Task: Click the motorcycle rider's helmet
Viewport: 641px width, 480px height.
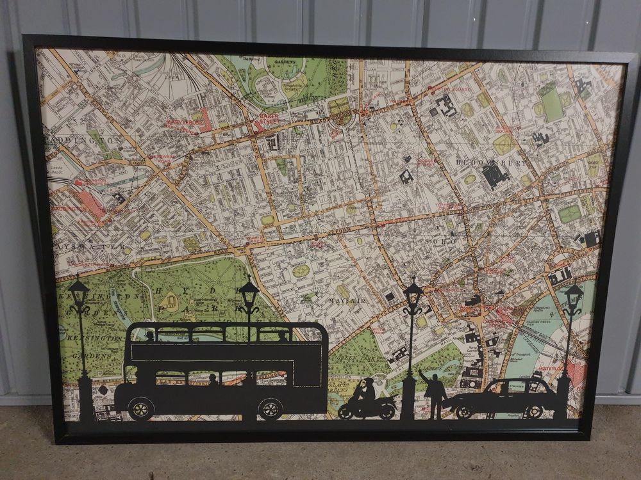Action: [368, 382]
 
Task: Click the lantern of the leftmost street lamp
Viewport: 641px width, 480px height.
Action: [79, 293]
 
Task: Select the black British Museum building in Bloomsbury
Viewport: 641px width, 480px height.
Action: [494, 173]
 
